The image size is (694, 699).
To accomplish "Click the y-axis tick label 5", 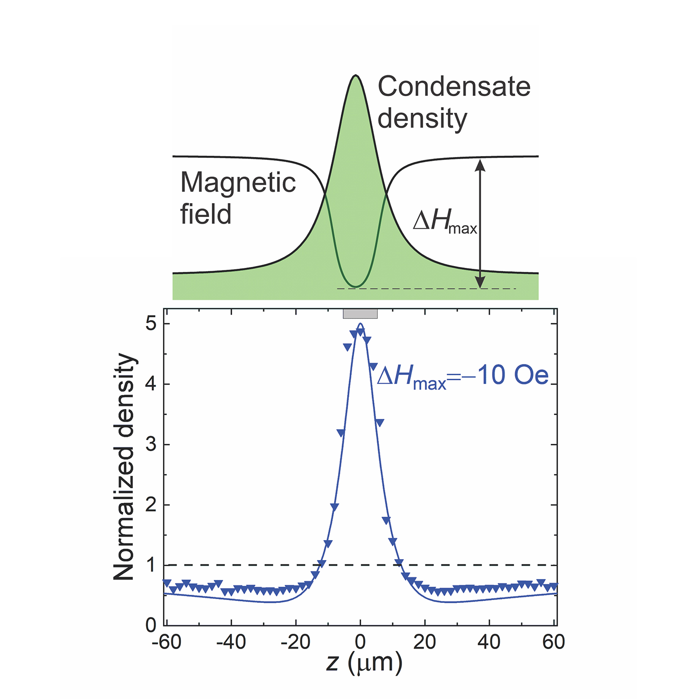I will pyautogui.click(x=151, y=324).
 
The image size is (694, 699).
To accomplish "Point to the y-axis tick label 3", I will pyautogui.click(x=151, y=444).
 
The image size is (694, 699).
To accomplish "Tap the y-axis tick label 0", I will pyautogui.click(x=151, y=625).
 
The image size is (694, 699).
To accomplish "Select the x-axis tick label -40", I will pyautogui.click(x=231, y=642).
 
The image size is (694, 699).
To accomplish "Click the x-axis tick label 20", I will pyautogui.click(x=425, y=642).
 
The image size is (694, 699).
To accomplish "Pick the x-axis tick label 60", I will pyautogui.click(x=554, y=642).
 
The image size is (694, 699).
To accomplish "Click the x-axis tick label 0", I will pyautogui.click(x=360, y=642).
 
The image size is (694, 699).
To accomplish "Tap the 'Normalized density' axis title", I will pyautogui.click(x=125, y=467).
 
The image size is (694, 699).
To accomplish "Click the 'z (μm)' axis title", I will pyautogui.click(x=364, y=663).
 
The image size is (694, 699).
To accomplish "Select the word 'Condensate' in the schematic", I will pyautogui.click(x=454, y=87).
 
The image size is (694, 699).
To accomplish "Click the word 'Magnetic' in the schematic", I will pyautogui.click(x=238, y=183).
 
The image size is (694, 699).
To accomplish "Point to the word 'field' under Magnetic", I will pyautogui.click(x=206, y=214).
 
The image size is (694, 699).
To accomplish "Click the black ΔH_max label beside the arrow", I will pyautogui.click(x=444, y=222).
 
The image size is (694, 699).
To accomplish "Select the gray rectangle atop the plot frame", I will pyautogui.click(x=360, y=314).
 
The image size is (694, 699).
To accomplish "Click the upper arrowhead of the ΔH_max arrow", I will pyautogui.click(x=480, y=165).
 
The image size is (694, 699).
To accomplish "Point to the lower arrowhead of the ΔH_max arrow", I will pyautogui.click(x=480, y=282).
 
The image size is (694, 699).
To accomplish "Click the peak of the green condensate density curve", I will pyautogui.click(x=355, y=76).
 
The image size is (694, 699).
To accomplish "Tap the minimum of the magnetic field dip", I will pyautogui.click(x=355, y=286).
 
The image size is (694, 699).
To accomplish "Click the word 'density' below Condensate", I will pyautogui.click(x=422, y=118).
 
